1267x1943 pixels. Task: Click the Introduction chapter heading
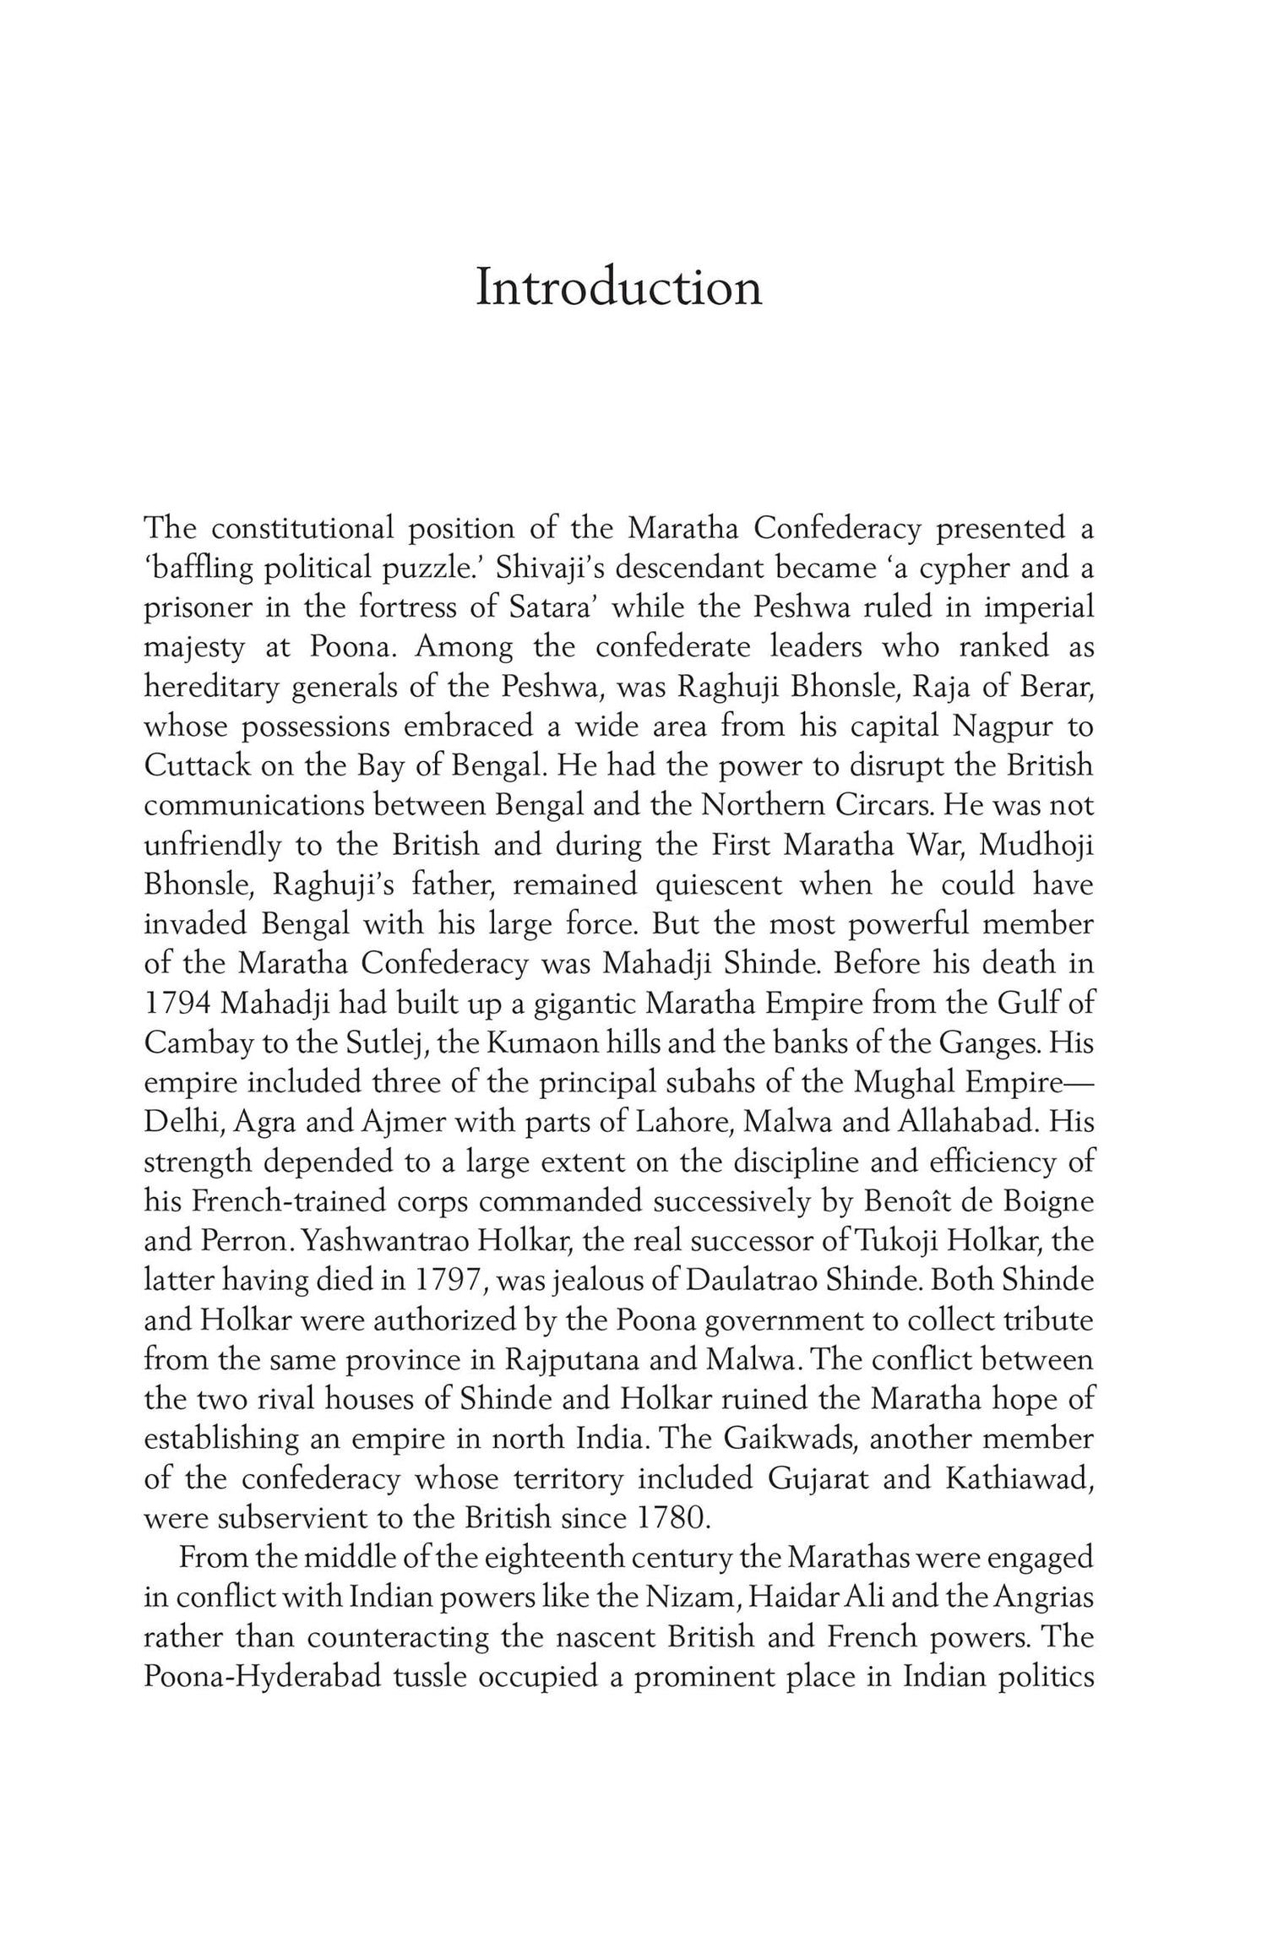(x=618, y=287)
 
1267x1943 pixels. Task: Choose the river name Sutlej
(x=369, y=1043)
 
